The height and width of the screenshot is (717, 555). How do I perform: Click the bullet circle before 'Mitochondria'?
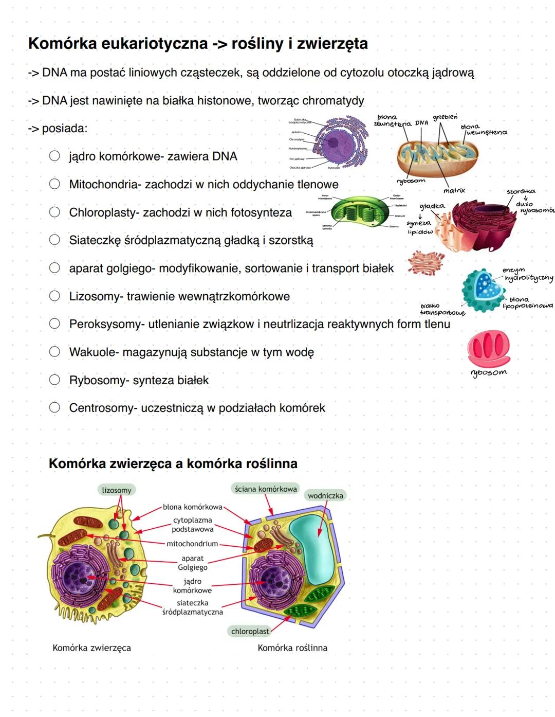pyautogui.click(x=54, y=184)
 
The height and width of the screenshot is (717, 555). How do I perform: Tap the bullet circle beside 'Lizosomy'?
pyautogui.click(x=54, y=296)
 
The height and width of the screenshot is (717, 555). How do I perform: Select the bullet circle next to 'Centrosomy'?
pyautogui.click(x=54, y=407)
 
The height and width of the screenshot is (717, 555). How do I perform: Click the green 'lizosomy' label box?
pyautogui.click(x=117, y=490)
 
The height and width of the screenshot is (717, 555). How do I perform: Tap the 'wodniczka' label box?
pyautogui.click(x=325, y=496)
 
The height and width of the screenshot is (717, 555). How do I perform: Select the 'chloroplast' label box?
pyautogui.click(x=250, y=631)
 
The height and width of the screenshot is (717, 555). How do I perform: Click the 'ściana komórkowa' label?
pyautogui.click(x=266, y=489)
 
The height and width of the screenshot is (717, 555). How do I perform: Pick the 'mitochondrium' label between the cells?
pyautogui.click(x=192, y=544)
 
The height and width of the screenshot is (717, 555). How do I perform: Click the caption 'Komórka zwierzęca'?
pyautogui.click(x=91, y=648)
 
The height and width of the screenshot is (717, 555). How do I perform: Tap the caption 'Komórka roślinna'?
pyautogui.click(x=292, y=648)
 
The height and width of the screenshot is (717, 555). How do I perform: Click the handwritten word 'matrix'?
pyautogui.click(x=454, y=191)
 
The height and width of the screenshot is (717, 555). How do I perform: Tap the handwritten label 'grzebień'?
pyautogui.click(x=445, y=117)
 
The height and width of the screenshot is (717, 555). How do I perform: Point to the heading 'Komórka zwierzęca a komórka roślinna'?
pyautogui.click(x=173, y=464)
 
